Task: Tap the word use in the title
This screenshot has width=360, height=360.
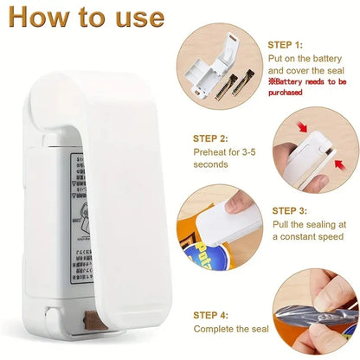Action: [x=136, y=18]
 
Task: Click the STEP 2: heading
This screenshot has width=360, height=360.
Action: [x=211, y=137]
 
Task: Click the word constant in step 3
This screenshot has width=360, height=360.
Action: [x=301, y=236]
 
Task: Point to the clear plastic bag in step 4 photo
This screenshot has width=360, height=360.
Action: [x=320, y=320]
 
